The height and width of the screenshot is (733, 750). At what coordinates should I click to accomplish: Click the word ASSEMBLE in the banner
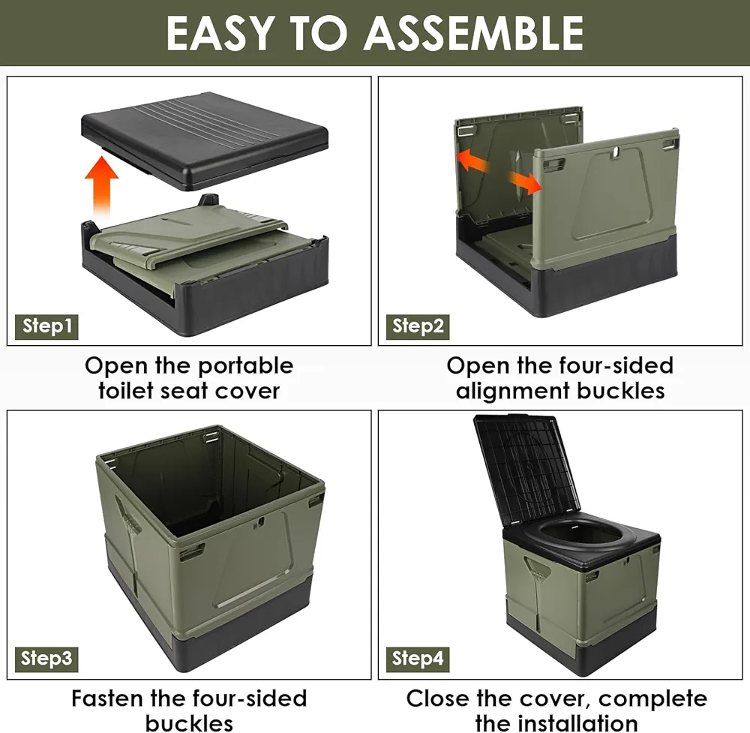473,33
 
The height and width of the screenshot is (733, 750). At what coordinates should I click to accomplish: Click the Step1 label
46,327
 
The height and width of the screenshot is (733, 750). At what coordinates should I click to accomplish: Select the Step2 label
418,327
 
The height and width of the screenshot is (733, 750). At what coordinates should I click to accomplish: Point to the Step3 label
46,659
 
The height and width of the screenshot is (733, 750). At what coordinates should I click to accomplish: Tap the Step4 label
418,659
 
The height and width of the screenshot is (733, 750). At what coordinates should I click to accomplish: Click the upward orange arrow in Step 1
101,187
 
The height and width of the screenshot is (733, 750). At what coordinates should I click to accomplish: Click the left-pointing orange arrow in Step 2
473,161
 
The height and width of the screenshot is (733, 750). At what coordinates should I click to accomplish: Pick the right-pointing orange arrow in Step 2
525,183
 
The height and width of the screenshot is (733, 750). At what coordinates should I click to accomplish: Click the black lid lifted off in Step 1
205,140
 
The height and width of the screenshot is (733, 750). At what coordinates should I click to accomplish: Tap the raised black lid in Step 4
526,469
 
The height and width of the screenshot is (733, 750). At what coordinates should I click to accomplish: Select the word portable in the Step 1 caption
245,367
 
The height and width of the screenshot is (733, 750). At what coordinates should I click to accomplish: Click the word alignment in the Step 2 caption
512,392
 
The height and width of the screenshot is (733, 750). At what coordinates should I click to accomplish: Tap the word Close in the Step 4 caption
438,698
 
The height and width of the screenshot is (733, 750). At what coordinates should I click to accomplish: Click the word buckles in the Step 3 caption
190,722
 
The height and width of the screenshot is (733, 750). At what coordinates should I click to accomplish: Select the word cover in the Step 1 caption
247,392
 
